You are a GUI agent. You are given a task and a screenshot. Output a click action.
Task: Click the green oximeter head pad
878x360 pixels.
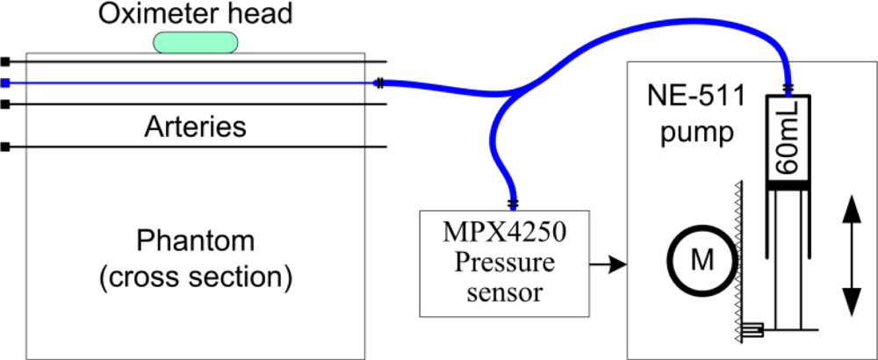coord(196,41)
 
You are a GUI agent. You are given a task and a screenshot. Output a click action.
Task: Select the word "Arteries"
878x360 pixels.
coord(195,126)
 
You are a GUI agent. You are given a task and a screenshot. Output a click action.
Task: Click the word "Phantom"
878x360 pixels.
coord(195,241)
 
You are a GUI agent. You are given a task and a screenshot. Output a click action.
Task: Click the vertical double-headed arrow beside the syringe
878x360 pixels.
coord(850,256)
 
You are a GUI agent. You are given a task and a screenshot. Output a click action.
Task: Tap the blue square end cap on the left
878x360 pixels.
coord(5,83)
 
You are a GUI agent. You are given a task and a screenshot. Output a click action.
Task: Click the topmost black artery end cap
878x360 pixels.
coord(5,61)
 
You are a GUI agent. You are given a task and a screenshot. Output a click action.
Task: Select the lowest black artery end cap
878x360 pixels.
coord(5,147)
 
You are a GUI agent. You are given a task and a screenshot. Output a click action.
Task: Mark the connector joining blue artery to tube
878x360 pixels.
coord(378,83)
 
